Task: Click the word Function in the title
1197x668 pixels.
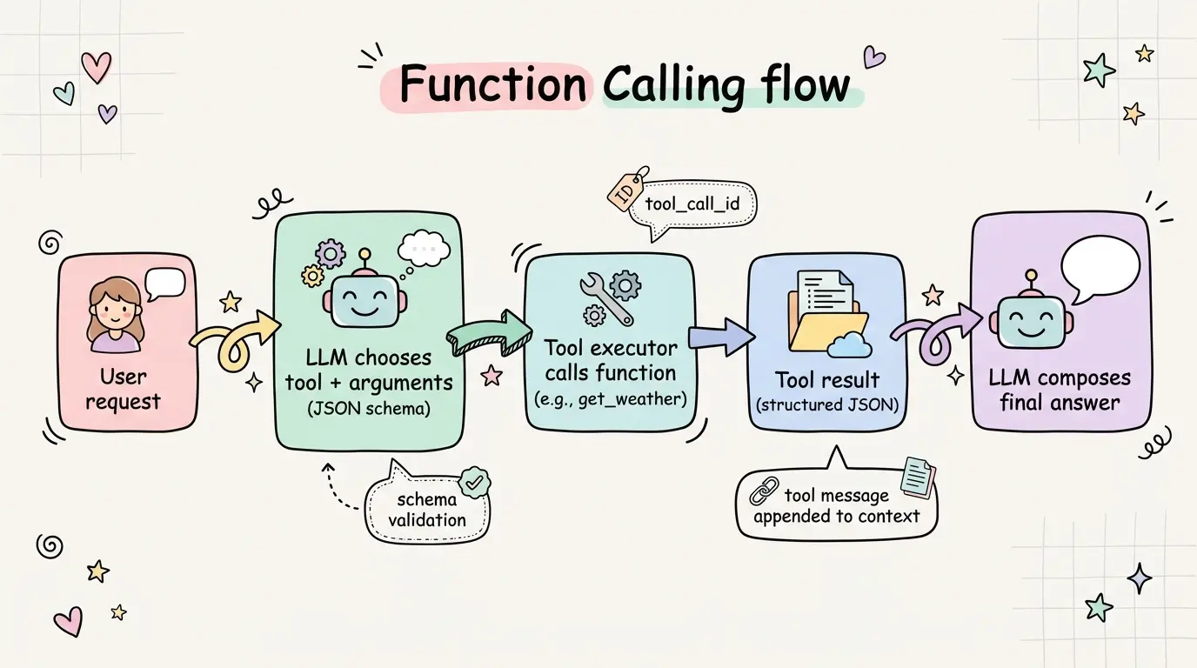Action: pos(492,85)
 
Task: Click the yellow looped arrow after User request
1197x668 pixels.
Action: pos(235,343)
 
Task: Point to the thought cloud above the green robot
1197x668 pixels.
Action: pos(423,248)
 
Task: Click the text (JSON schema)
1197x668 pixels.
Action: pos(369,408)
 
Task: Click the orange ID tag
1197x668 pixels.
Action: pos(627,191)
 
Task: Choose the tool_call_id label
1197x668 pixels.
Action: pos(699,204)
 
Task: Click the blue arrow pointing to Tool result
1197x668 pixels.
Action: pos(720,336)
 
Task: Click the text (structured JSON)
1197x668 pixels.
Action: pos(826,405)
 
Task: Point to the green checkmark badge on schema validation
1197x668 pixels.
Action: pos(473,481)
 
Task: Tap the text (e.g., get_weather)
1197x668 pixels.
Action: pos(610,399)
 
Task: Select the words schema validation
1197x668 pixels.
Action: pos(426,510)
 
